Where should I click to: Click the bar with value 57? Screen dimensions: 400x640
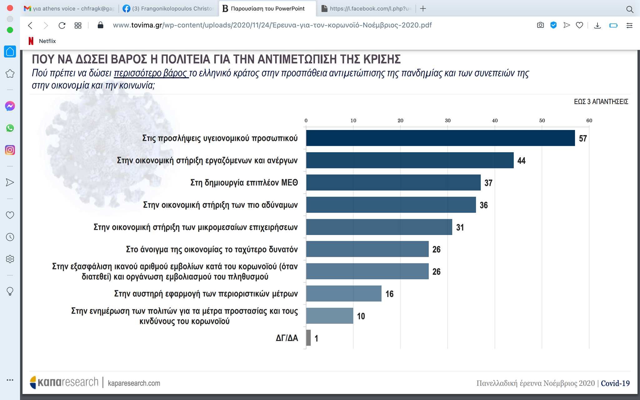(440, 138)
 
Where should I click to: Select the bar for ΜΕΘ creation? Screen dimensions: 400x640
(393, 182)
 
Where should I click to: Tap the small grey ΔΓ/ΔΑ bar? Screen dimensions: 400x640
(308, 338)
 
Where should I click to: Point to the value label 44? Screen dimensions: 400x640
(521, 161)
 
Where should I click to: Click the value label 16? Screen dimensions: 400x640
(389, 294)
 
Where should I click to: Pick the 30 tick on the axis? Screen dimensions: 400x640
(447, 121)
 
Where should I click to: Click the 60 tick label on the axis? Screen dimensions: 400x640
(589, 121)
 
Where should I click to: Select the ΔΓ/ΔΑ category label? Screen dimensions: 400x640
(287, 338)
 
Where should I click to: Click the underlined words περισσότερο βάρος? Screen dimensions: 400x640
(151, 73)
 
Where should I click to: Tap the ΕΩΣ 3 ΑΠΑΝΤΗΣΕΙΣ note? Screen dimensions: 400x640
(601, 102)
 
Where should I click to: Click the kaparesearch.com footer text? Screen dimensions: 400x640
(134, 383)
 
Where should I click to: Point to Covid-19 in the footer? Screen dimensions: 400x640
(615, 383)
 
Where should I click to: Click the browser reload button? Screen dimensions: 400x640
(62, 25)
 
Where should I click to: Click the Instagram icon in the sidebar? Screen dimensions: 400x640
(10, 150)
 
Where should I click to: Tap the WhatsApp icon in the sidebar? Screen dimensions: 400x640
(10, 128)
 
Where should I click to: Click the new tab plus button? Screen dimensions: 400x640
(423, 8)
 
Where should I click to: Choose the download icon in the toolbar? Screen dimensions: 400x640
(597, 25)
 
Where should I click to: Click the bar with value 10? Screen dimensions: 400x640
(329, 316)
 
